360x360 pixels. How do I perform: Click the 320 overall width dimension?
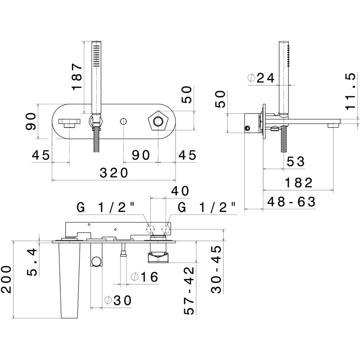(x=114, y=173)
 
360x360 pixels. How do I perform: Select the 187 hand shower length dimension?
(x=77, y=76)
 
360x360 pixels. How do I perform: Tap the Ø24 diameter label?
(x=261, y=78)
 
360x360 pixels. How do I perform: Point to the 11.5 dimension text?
(x=351, y=91)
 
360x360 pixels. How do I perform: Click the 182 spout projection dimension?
(x=299, y=183)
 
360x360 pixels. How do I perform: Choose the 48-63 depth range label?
(x=292, y=202)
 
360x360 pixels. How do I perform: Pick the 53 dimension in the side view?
(x=296, y=162)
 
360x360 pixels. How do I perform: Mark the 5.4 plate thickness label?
(x=32, y=262)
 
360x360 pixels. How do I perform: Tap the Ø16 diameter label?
(x=144, y=277)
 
